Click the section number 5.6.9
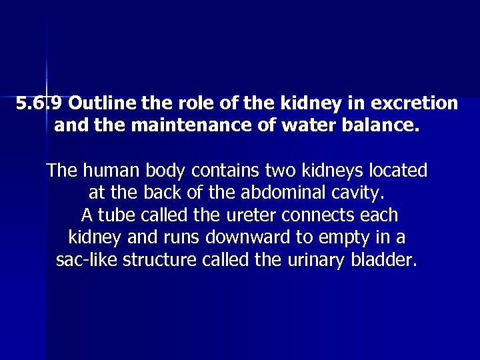(x=40, y=103)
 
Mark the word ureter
(x=253, y=215)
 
